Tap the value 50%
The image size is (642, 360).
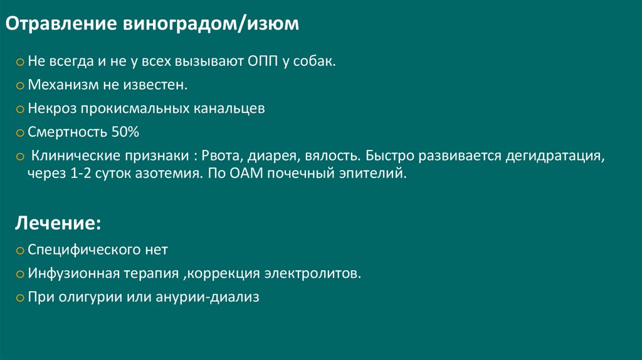click(125, 132)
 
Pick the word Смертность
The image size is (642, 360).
click(67, 132)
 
